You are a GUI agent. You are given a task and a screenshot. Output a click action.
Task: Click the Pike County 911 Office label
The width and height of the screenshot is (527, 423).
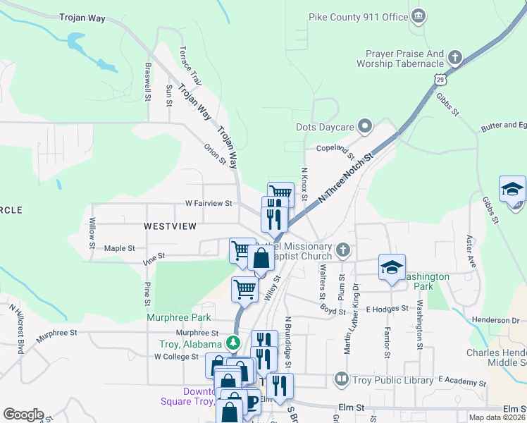click(x=358, y=16)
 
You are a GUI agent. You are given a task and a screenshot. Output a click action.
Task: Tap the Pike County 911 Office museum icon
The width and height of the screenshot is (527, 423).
click(x=418, y=16)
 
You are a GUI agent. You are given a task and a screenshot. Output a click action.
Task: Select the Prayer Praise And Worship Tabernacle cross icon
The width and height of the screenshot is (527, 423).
click(x=455, y=56)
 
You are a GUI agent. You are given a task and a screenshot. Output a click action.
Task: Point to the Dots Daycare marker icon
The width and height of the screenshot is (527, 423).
click(x=364, y=126)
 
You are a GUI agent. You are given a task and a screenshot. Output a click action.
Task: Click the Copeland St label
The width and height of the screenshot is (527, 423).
click(x=334, y=149)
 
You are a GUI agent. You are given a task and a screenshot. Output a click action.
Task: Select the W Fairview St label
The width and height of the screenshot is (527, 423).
click(x=208, y=203)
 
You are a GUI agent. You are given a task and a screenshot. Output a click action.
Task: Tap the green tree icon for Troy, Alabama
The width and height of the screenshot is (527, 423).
click(x=233, y=343)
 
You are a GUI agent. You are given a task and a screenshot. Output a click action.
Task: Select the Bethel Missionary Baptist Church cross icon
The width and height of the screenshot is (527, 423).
click(x=342, y=250)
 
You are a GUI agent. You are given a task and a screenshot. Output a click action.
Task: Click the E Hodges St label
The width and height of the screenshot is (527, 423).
click(x=387, y=308)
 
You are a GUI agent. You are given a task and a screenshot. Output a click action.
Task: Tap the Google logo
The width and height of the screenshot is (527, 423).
click(x=23, y=415)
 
